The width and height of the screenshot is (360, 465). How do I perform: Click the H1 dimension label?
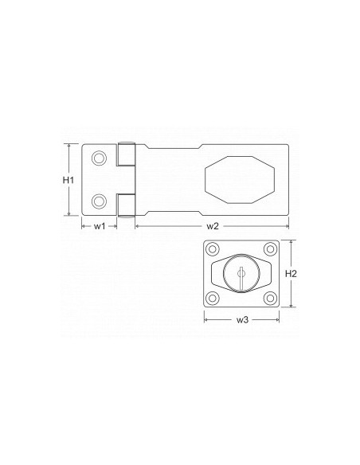[68, 180]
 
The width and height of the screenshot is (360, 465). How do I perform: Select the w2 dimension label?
[213, 227]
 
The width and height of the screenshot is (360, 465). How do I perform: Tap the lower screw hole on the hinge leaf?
[99, 201]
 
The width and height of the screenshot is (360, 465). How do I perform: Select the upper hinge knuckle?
[125, 154]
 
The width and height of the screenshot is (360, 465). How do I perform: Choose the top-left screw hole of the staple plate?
[214, 251]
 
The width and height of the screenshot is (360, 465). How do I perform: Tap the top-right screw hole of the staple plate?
[269, 251]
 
